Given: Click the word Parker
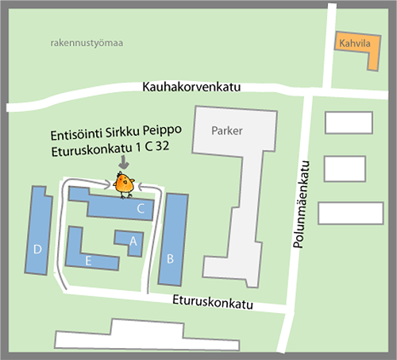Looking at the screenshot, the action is pyautogui.click(x=227, y=130).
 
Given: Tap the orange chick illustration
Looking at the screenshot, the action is pyautogui.click(x=124, y=185).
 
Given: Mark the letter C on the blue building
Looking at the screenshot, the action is pyautogui.click(x=141, y=209).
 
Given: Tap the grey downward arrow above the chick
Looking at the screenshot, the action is pyautogui.click(x=122, y=161).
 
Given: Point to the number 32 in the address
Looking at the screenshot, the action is pyautogui.click(x=161, y=147).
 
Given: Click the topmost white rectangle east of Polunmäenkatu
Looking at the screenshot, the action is pyautogui.click(x=349, y=122).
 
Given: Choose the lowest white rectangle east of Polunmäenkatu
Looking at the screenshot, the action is pyautogui.click(x=350, y=213).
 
